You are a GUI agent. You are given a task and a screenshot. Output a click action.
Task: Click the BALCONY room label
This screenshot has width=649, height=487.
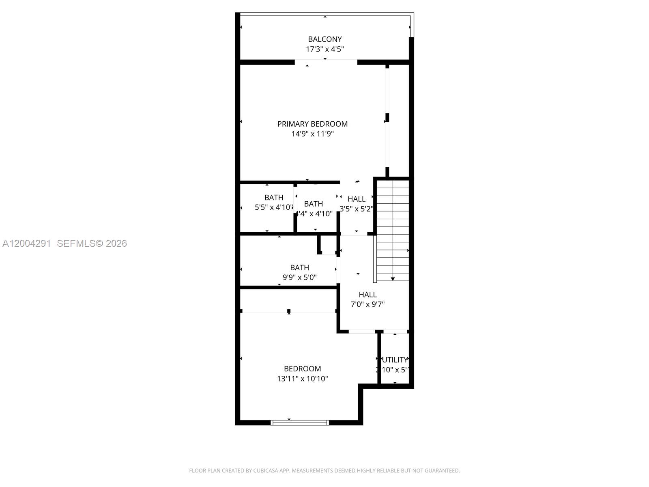[324, 39]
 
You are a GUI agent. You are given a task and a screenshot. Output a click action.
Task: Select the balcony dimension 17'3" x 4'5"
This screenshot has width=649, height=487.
[324, 50]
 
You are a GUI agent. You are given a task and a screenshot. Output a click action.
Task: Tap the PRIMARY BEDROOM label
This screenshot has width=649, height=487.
[312, 124]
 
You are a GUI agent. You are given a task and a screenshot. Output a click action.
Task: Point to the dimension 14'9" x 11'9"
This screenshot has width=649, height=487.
[312, 134]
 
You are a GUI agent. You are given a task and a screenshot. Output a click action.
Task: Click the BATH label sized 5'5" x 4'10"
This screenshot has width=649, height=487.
[274, 198]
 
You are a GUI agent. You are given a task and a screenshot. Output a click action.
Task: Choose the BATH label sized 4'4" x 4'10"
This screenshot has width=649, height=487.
[314, 204]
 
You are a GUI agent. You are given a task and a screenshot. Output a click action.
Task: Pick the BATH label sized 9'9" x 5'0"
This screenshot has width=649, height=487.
[299, 268]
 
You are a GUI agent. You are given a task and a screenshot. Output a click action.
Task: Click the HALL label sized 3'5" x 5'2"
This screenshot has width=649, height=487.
[357, 199]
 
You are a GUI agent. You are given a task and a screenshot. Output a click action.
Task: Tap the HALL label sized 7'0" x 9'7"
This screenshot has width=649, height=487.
[367, 295]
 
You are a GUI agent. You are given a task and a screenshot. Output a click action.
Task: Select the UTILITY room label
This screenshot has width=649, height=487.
[395, 360]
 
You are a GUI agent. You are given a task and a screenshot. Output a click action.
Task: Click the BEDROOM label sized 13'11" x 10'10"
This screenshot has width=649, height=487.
[302, 369]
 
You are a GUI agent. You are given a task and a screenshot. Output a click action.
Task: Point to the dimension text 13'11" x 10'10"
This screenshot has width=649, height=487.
[302, 379]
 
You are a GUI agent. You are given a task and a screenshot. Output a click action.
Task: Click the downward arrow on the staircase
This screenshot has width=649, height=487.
[393, 279]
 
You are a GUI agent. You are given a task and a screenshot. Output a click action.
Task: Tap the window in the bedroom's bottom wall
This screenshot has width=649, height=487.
[300, 423]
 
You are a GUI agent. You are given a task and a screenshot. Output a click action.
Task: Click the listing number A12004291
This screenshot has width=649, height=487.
[27, 243]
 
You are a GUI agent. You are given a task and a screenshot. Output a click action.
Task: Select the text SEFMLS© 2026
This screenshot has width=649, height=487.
[92, 243]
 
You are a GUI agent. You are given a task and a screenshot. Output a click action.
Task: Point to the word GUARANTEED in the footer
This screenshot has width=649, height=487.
[442, 471]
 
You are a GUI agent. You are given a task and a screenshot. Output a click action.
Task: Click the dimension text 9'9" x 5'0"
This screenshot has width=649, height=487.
[299, 278]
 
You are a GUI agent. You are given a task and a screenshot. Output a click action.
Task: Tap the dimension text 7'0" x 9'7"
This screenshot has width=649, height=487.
[367, 304]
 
